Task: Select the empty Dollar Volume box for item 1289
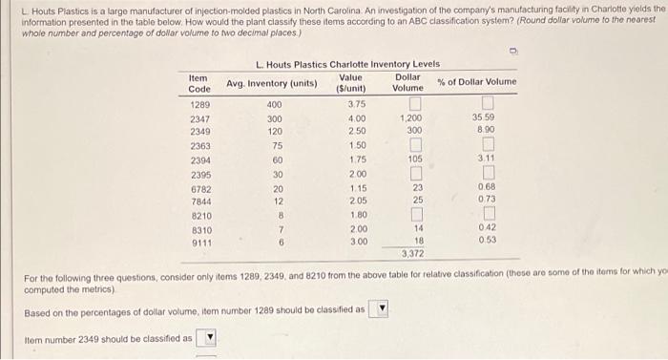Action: tap(414, 103)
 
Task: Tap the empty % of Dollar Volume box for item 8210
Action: tap(488, 215)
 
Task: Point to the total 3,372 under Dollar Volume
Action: tap(412, 254)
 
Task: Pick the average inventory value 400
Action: tap(275, 104)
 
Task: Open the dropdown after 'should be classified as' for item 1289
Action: tap(383, 308)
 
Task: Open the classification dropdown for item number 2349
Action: tap(211, 338)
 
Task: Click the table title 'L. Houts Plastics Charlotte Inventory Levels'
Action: tap(347, 63)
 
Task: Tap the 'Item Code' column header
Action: tap(199, 83)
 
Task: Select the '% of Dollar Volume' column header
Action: tap(476, 82)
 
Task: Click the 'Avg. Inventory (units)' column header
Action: tap(271, 83)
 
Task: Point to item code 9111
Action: tap(199, 243)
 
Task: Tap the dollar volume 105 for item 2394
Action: tap(414, 159)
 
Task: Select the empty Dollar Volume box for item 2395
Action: tap(414, 173)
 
